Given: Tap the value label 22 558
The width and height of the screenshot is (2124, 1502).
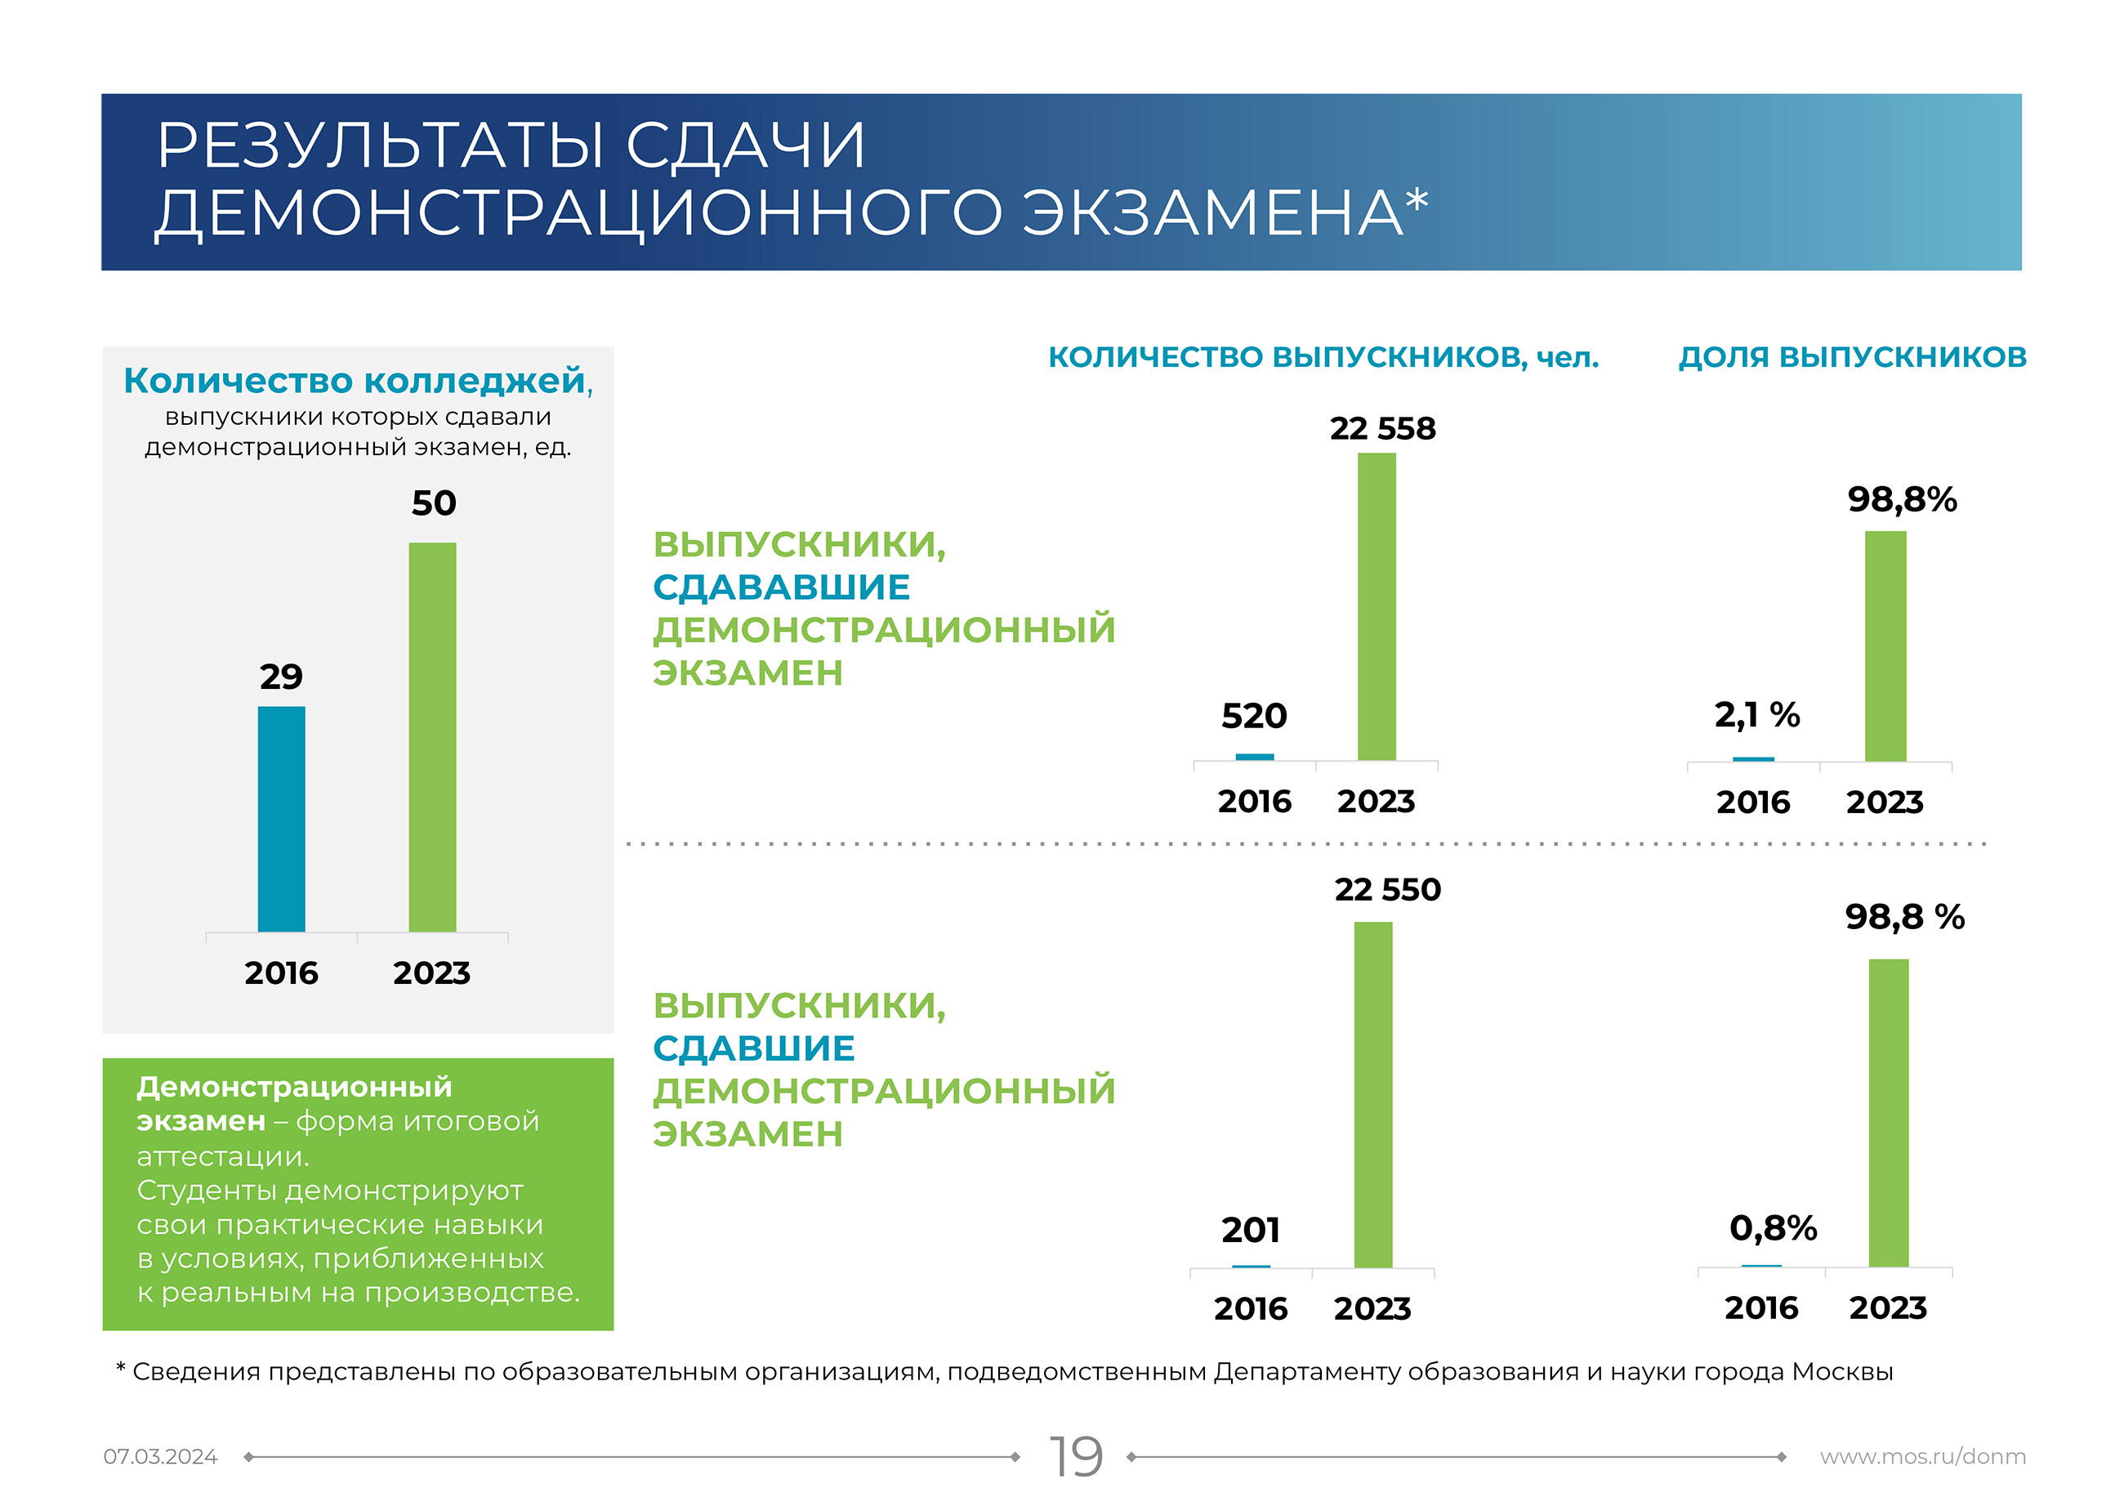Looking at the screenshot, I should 1382,428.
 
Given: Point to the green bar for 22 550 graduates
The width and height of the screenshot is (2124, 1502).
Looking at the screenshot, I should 1372,1094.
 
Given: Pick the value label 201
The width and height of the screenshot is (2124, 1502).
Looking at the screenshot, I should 1251,1230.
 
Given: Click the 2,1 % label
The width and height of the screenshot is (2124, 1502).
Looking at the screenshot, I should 1756,714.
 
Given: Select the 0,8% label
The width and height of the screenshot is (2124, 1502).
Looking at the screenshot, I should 1773,1228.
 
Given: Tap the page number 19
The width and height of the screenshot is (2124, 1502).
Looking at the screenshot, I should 1076,1457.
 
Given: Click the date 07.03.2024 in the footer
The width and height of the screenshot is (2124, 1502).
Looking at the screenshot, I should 160,1457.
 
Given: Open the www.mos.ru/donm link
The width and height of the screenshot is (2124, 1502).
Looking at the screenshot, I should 1922,1457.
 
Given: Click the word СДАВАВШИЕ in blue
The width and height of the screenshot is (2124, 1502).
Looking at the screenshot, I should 782,587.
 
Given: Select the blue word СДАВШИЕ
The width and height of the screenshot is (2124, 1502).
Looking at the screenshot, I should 754,1048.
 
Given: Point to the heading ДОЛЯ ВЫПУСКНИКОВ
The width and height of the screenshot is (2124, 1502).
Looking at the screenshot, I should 1852,356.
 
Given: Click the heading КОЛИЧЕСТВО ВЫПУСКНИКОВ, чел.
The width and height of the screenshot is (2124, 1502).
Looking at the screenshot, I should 1323,356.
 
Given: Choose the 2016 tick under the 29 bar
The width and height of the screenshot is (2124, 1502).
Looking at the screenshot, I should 281,972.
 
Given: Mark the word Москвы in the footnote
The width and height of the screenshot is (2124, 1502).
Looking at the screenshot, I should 1842,1371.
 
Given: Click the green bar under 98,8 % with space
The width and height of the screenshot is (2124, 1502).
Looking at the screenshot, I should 1888,1112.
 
